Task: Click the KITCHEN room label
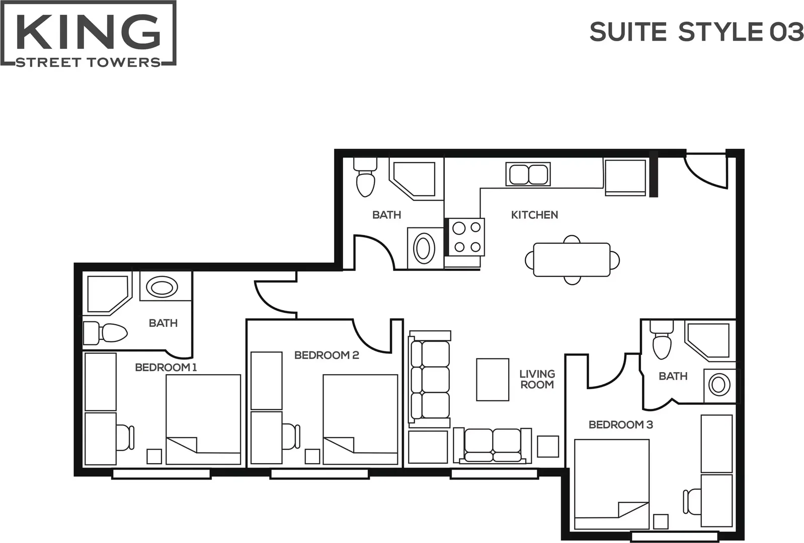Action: [x=534, y=215]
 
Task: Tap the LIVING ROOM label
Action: [x=537, y=380]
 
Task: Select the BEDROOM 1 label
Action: [x=166, y=367]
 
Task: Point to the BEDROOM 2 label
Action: [x=327, y=355]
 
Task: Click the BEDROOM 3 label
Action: [x=620, y=425]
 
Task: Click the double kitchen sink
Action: [x=528, y=174]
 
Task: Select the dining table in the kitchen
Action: [x=572, y=260]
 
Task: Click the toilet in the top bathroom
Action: [x=365, y=177]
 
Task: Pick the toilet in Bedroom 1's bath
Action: [x=105, y=333]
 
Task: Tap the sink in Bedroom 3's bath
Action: [x=719, y=385]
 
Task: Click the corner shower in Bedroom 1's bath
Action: [x=108, y=294]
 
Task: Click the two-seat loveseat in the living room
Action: [x=493, y=446]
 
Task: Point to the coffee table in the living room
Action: [x=493, y=380]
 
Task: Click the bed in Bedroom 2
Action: [x=360, y=420]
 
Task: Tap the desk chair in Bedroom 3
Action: [x=692, y=501]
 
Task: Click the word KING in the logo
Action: [x=88, y=31]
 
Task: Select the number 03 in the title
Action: [x=786, y=32]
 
